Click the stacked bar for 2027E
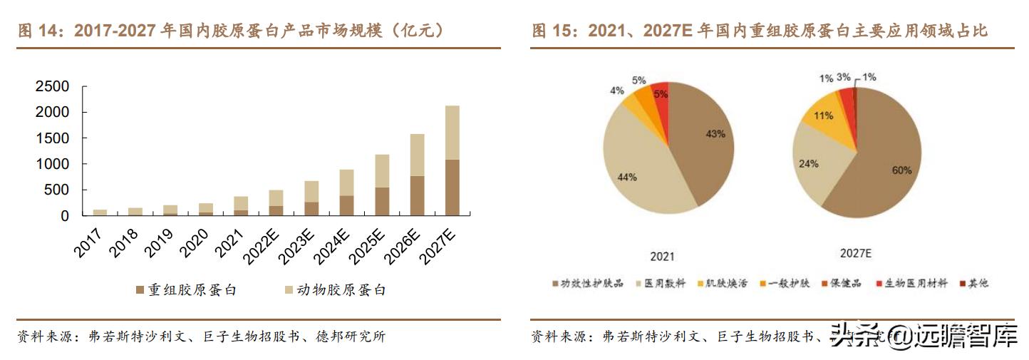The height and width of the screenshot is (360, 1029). [452, 160]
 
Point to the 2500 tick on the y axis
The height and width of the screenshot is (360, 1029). [53, 87]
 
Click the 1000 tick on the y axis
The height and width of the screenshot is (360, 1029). [53, 164]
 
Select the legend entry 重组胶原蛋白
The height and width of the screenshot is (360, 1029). [186, 290]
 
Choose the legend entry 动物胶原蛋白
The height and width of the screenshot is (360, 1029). [335, 290]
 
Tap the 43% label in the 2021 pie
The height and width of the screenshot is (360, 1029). [715, 133]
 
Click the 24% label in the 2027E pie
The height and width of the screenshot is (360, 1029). [808, 163]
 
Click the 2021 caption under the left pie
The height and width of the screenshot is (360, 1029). [663, 257]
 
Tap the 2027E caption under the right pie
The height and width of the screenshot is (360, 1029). [855, 253]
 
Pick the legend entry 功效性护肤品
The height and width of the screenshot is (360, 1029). [581, 283]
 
